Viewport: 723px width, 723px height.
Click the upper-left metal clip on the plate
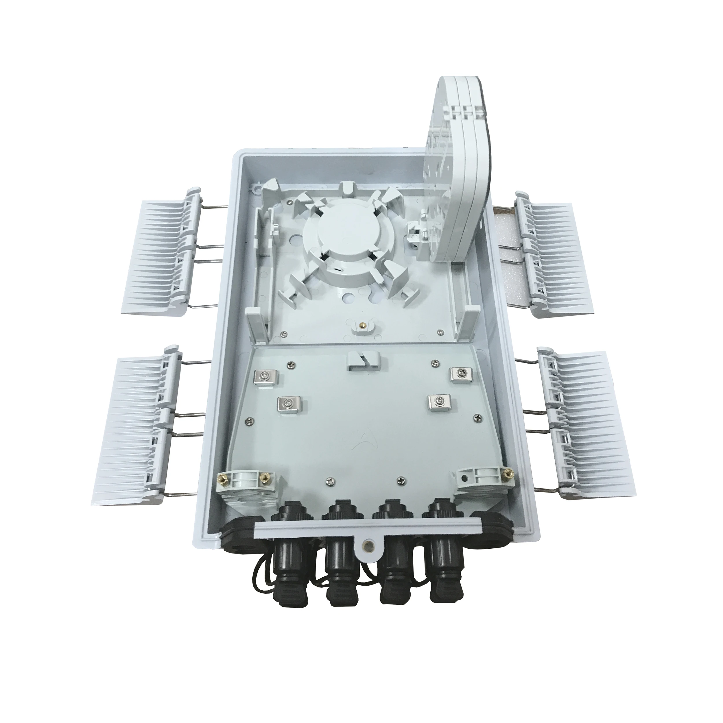point(269,378)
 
